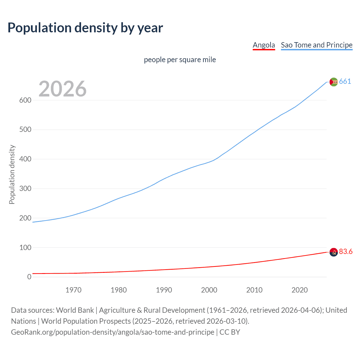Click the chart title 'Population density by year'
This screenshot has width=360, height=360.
pos(85,28)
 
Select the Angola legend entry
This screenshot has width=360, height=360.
pos(264,45)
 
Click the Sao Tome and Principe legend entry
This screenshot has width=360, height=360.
pos(316,45)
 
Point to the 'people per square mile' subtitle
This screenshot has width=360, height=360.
pos(180,60)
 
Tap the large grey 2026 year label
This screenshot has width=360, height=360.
pos(62,89)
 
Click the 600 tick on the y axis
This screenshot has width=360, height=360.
pos(25,100)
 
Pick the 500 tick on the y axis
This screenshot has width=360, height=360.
pos(25,130)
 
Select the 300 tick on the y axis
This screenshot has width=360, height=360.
pos(25,188)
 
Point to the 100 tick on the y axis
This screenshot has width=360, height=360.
pos(25,247)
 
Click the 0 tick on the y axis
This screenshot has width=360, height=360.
pos(29,277)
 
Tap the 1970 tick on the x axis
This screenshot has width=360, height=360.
pos(73,290)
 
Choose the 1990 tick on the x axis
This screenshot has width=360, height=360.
pos(164,290)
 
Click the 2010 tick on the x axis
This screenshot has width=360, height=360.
pos(254,290)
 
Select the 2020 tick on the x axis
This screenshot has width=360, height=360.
pos(300,290)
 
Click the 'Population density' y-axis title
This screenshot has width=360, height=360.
pos(12,174)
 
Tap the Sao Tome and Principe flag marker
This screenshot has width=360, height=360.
pos(334,82)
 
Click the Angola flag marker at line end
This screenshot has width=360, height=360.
pos(334,252)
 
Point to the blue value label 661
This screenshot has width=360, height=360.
pos(345,82)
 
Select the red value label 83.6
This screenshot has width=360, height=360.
pos(346,252)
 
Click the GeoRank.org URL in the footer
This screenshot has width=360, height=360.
pos(112,332)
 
